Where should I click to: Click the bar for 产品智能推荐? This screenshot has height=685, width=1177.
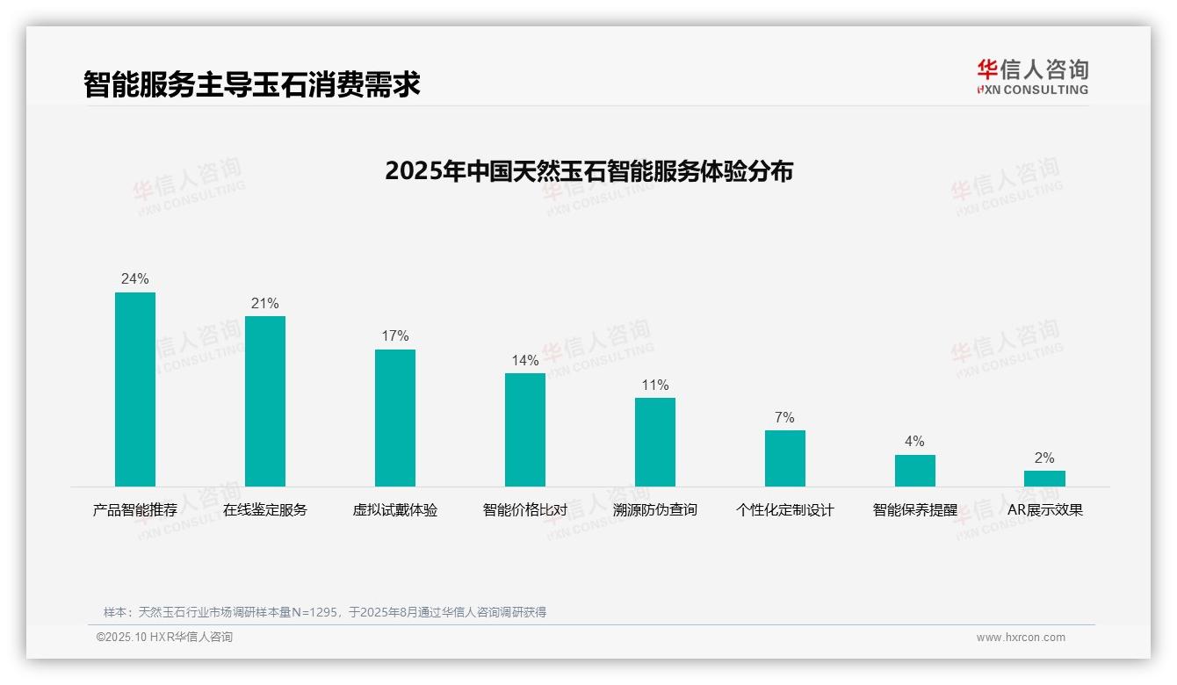(x=135, y=389)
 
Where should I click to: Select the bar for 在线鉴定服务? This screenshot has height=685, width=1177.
(x=265, y=401)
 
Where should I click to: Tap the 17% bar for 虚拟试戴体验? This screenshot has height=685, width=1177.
(x=395, y=418)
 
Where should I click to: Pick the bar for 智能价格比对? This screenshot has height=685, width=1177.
(x=525, y=429)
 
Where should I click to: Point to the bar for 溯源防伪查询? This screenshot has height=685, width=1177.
(x=655, y=442)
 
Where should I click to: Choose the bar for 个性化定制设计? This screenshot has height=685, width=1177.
(x=785, y=458)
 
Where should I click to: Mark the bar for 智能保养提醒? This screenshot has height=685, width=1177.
(x=915, y=470)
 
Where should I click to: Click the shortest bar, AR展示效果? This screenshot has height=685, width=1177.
(x=1044, y=479)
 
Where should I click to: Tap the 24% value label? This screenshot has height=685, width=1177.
(x=135, y=279)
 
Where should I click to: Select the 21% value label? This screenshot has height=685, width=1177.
(x=265, y=304)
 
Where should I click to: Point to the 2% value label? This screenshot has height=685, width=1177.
(x=1044, y=458)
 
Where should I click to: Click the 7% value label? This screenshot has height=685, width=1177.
(x=785, y=418)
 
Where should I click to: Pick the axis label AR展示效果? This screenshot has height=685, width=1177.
(x=1045, y=510)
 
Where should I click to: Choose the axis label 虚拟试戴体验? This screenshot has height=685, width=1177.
(x=395, y=510)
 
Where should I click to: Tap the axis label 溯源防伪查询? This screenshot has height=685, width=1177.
(x=655, y=510)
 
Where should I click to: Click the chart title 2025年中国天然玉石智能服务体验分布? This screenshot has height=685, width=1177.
(x=588, y=171)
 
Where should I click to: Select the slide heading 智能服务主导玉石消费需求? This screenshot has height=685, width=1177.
(x=252, y=84)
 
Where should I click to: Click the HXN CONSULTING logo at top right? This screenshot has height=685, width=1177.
(x=1032, y=77)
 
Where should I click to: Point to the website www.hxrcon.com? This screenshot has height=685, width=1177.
(x=1021, y=638)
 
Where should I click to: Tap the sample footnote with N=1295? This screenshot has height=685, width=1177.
(x=325, y=612)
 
